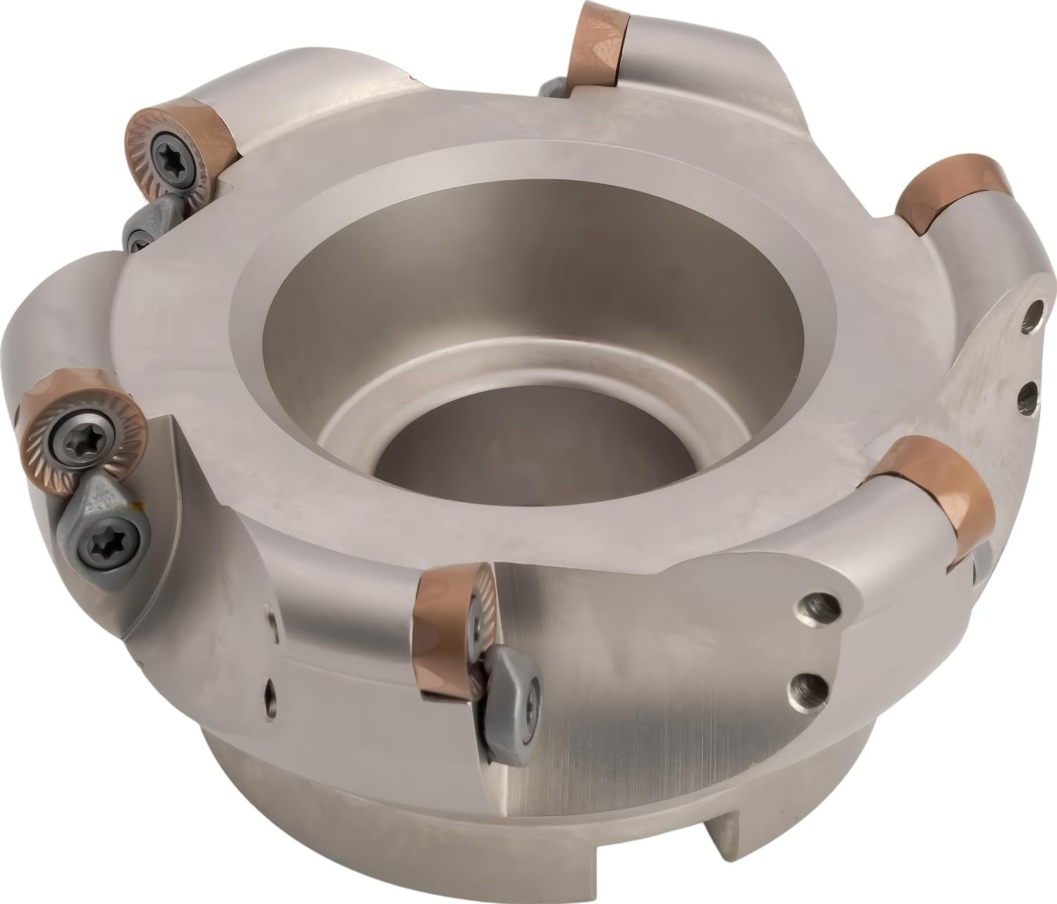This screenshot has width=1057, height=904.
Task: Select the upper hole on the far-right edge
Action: click(1034, 310)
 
